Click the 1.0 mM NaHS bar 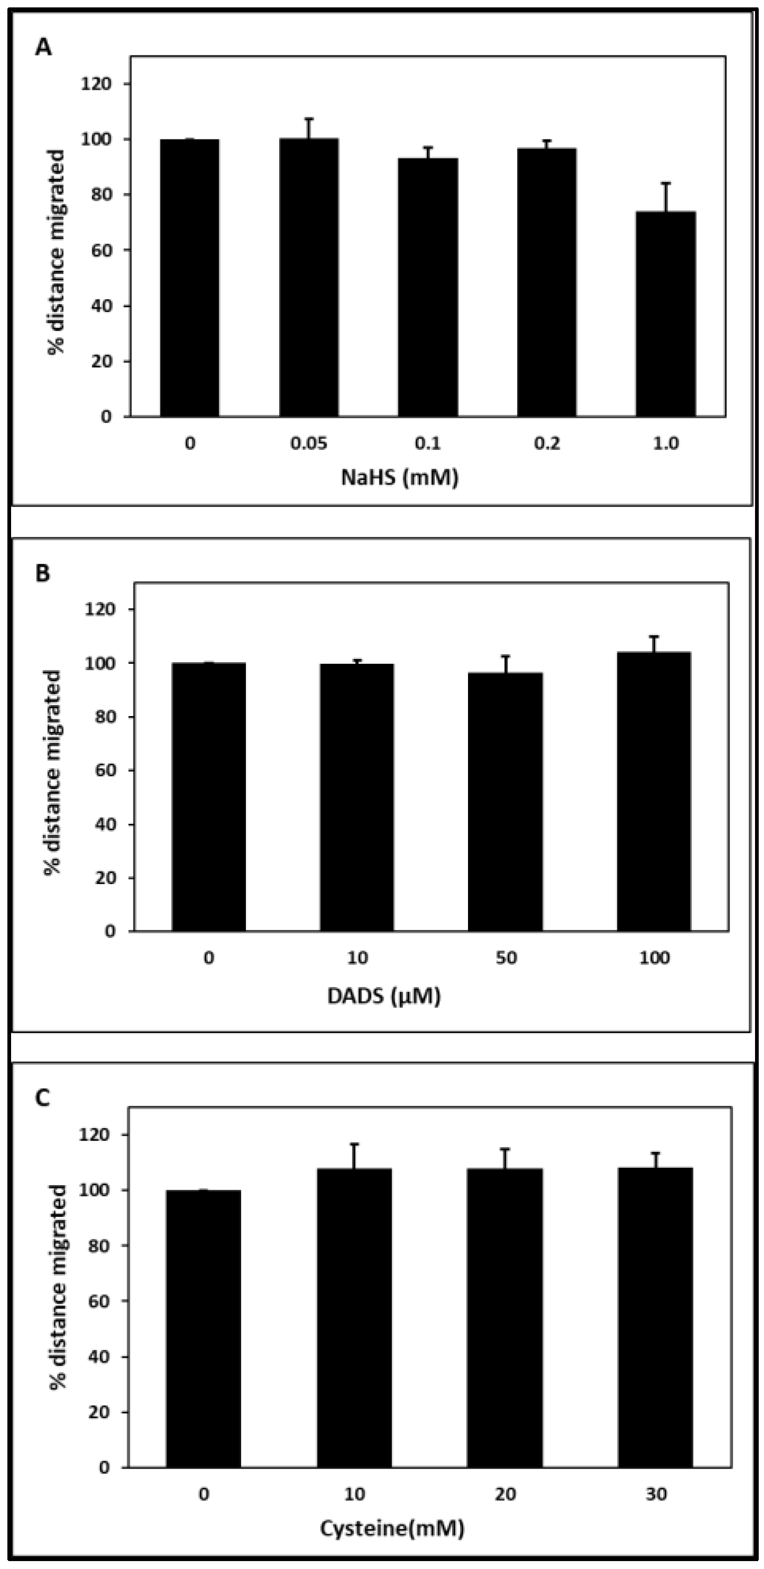(x=665, y=314)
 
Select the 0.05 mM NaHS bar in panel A (x=309, y=277)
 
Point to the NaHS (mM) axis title (x=399, y=477)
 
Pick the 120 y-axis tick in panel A (x=100, y=83)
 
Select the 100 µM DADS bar (x=654, y=792)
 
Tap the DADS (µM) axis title (x=384, y=996)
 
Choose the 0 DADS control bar (x=209, y=797)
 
